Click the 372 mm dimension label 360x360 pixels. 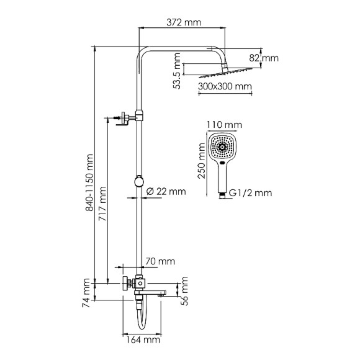coord(184,23)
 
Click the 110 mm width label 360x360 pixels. coord(223,125)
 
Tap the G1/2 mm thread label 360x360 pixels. coord(251,193)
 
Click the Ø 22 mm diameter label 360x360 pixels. coord(165,191)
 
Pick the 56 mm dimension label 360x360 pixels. coord(184,288)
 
